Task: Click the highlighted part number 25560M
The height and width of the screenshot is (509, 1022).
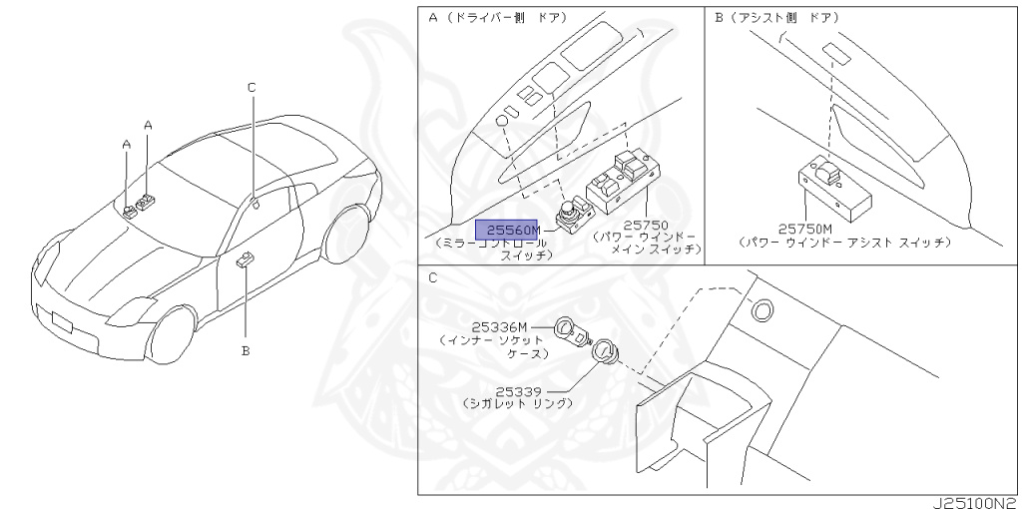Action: [x=506, y=229]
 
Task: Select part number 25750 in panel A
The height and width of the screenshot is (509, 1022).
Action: [x=645, y=226]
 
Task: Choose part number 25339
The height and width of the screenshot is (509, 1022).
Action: [x=521, y=391]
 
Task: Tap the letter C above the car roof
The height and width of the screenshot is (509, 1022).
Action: [x=252, y=88]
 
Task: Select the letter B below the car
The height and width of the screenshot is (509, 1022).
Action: [x=245, y=350]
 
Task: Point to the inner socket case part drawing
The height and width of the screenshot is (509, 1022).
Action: [x=568, y=330]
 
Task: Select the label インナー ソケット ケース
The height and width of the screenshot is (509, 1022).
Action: [x=493, y=346]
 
